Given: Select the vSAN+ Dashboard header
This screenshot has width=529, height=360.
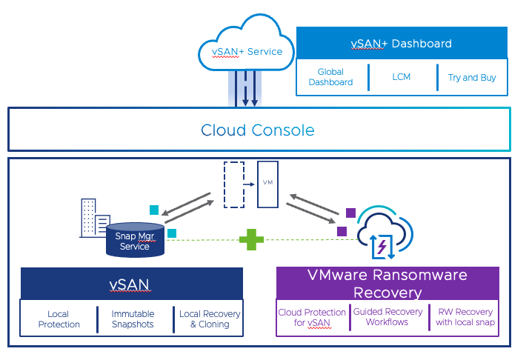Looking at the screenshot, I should click(x=401, y=44).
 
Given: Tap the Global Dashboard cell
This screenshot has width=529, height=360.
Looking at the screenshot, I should click(x=330, y=77).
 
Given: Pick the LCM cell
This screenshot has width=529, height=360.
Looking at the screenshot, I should click(x=401, y=77).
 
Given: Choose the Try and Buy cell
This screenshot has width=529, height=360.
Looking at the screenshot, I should click(x=472, y=77).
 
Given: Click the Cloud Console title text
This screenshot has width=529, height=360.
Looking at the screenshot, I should click(x=258, y=130).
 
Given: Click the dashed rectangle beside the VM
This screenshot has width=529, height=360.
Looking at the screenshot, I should click(x=234, y=184).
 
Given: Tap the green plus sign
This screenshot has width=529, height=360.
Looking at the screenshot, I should click(x=251, y=239).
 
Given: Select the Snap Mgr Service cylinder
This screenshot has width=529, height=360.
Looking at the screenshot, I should click(x=135, y=240).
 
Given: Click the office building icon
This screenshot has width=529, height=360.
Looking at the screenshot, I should click(x=93, y=218).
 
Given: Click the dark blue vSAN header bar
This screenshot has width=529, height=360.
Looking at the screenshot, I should click(x=132, y=284).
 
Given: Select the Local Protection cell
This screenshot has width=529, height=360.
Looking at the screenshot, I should click(x=59, y=319).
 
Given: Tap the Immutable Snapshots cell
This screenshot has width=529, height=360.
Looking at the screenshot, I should click(x=133, y=319).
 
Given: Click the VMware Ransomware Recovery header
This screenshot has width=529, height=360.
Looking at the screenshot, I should click(x=387, y=284).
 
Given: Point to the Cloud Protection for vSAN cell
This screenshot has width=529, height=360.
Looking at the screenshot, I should click(x=312, y=317).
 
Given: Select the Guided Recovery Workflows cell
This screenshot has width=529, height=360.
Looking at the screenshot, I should click(x=387, y=317).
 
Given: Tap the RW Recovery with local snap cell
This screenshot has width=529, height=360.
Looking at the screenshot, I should click(x=465, y=317).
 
